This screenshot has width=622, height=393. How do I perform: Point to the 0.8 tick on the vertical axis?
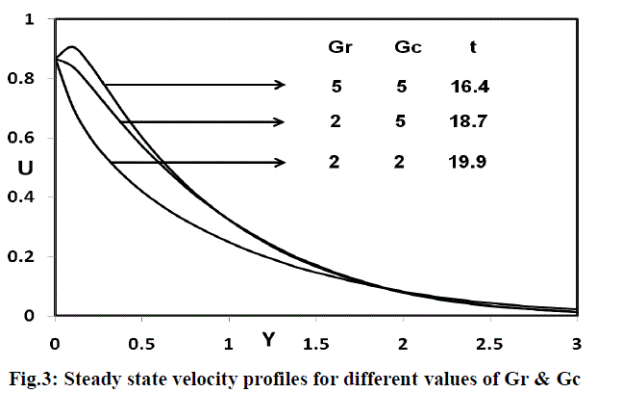[x=28, y=79]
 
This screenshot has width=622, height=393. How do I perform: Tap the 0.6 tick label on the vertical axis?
[x=28, y=139]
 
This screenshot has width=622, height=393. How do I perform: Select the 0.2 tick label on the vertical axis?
[x=28, y=257]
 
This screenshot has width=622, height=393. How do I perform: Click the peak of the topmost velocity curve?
[x=73, y=47]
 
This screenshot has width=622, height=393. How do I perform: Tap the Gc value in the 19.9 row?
[x=401, y=162]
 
